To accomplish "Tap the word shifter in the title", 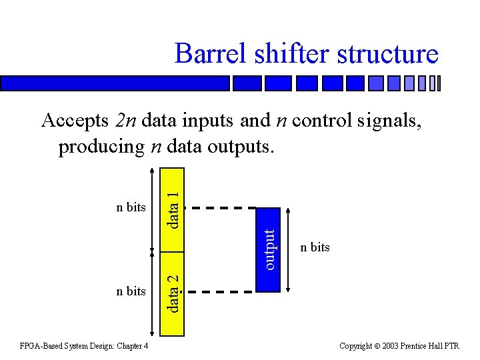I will [293, 53].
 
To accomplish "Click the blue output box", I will [268, 249].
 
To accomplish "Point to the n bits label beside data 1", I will [131, 207].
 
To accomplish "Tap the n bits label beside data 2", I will [131, 291].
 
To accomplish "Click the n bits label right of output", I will [315, 247].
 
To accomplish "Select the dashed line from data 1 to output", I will [220, 208].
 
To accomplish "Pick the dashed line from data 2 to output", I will [220, 291].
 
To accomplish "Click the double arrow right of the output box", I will [288, 249].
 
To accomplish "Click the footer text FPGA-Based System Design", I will [84, 346].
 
